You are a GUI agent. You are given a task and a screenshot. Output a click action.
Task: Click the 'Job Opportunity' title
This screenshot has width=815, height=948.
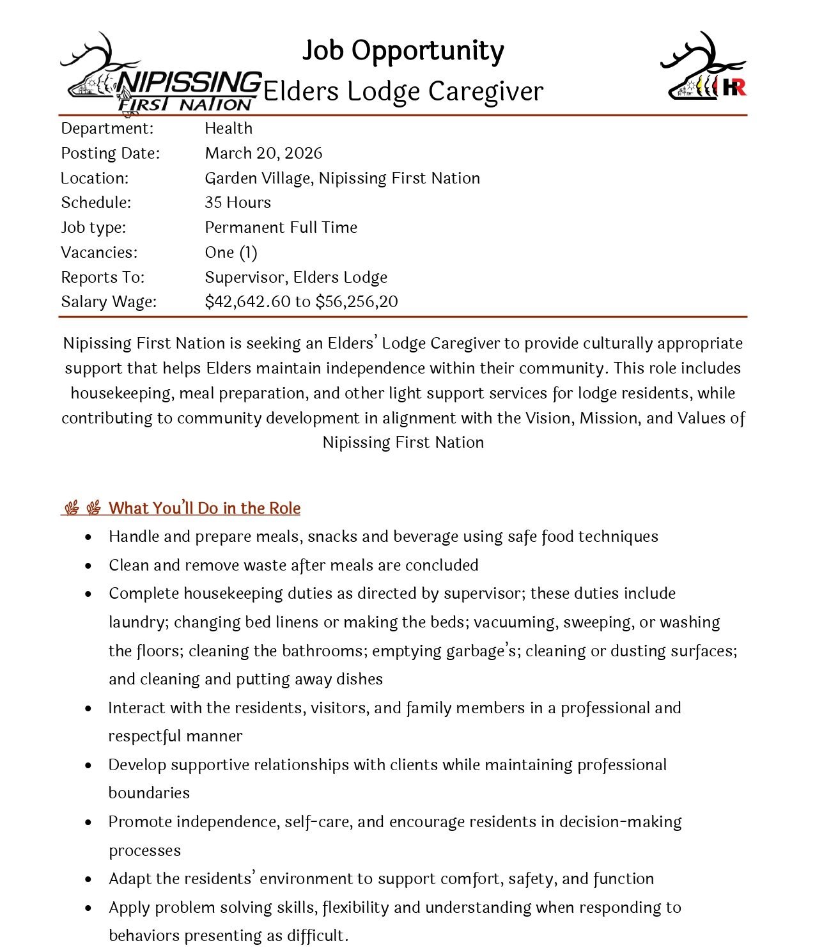click(x=403, y=51)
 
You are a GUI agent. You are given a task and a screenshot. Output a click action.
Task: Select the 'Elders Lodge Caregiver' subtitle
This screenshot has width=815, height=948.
click(x=403, y=91)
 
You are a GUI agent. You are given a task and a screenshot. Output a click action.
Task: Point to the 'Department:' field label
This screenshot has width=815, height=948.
click(x=107, y=129)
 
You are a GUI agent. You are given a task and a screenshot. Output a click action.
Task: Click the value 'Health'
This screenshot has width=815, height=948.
click(x=228, y=129)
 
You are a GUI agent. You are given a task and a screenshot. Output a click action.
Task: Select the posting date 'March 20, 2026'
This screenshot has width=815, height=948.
click(x=263, y=154)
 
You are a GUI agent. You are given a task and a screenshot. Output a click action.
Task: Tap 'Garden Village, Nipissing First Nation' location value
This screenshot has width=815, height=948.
click(x=342, y=178)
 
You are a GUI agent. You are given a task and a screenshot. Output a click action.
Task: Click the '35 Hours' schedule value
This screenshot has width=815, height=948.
click(x=238, y=203)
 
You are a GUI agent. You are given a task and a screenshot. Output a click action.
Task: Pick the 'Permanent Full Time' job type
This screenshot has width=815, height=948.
click(x=281, y=228)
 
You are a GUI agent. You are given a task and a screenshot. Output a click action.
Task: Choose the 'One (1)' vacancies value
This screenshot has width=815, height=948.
click(x=231, y=253)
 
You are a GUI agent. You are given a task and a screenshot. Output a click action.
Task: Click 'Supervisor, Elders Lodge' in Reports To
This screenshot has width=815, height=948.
click(x=296, y=278)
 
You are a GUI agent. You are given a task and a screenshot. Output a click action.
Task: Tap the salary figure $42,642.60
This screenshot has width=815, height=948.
click(x=247, y=302)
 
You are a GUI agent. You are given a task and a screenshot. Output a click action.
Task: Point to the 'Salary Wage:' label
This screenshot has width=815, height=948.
click(x=109, y=302)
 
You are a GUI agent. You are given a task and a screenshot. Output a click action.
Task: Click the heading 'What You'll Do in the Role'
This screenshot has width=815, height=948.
click(x=204, y=509)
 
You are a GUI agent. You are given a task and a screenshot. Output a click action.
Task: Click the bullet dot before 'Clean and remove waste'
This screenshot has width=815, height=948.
click(x=88, y=566)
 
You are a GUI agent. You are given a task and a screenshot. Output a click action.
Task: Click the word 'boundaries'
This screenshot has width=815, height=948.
click(x=149, y=793)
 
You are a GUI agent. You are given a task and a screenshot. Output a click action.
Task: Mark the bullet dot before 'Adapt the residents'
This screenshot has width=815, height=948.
click(x=88, y=880)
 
